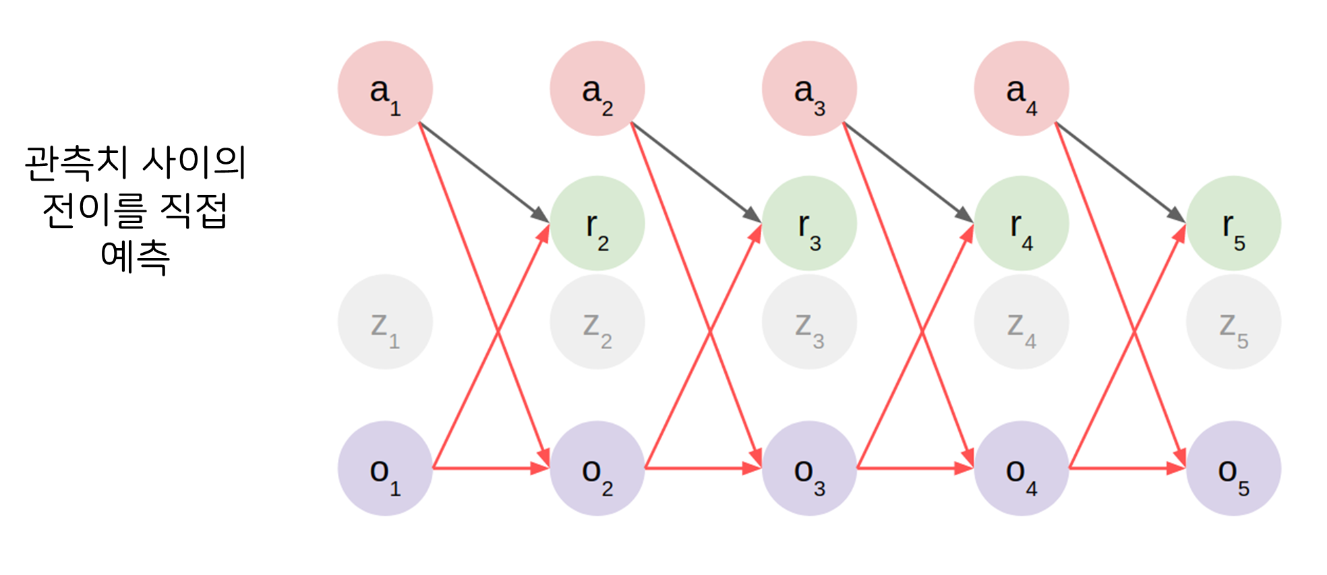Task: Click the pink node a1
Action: click(385, 88)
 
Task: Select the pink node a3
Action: click(809, 88)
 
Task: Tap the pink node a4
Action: click(1022, 88)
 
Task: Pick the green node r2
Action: click(597, 223)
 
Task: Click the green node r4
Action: click(1022, 223)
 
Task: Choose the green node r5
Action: click(1233, 223)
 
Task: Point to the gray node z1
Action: click(385, 322)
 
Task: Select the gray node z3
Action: click(809, 322)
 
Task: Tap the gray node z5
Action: click(1233, 322)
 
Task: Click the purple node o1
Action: click(385, 468)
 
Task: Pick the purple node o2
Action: click(597, 468)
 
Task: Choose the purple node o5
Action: click(1233, 468)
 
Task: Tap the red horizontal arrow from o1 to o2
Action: click(491, 468)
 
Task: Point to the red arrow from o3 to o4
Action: click(915, 468)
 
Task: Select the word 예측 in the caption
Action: click(135, 258)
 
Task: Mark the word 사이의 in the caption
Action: click(195, 163)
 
